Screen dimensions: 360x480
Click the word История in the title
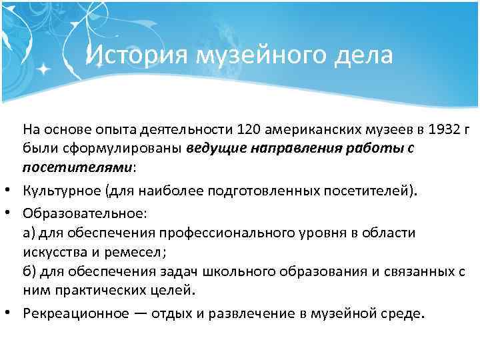pyautogui.click(x=137, y=55)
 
